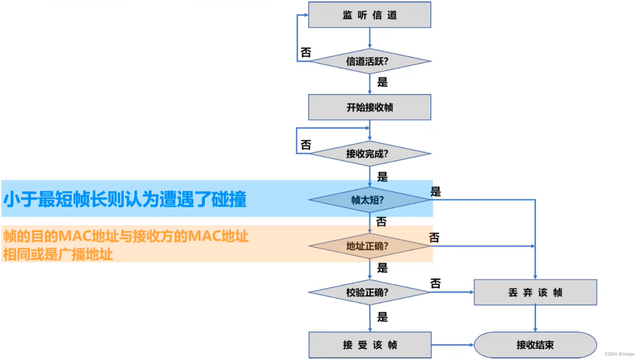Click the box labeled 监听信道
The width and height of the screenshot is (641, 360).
(369, 15)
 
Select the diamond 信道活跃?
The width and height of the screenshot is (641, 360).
(369, 61)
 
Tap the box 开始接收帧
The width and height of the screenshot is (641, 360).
(369, 107)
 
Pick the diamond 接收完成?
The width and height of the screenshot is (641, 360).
(369, 153)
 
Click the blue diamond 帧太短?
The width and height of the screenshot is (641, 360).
(369, 200)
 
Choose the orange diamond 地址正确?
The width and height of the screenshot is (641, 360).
(369, 246)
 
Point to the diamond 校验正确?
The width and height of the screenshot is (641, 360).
(369, 292)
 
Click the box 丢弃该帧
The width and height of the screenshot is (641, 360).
(535, 292)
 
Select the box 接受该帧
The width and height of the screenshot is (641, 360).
(369, 345)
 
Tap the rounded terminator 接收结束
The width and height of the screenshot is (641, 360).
(535, 345)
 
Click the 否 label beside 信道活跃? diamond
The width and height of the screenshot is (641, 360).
(306, 52)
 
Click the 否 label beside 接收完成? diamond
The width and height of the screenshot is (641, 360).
(306, 145)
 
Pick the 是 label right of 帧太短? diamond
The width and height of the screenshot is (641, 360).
(436, 191)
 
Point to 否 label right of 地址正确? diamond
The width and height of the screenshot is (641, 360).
(434, 238)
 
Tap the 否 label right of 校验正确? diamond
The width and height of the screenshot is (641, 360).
(435, 283)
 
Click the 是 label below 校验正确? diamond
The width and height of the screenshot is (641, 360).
(382, 317)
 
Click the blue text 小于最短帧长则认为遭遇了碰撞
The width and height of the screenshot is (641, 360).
(125, 199)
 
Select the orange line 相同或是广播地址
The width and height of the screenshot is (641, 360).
(58, 254)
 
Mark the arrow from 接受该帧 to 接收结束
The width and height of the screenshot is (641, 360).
(452, 345)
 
